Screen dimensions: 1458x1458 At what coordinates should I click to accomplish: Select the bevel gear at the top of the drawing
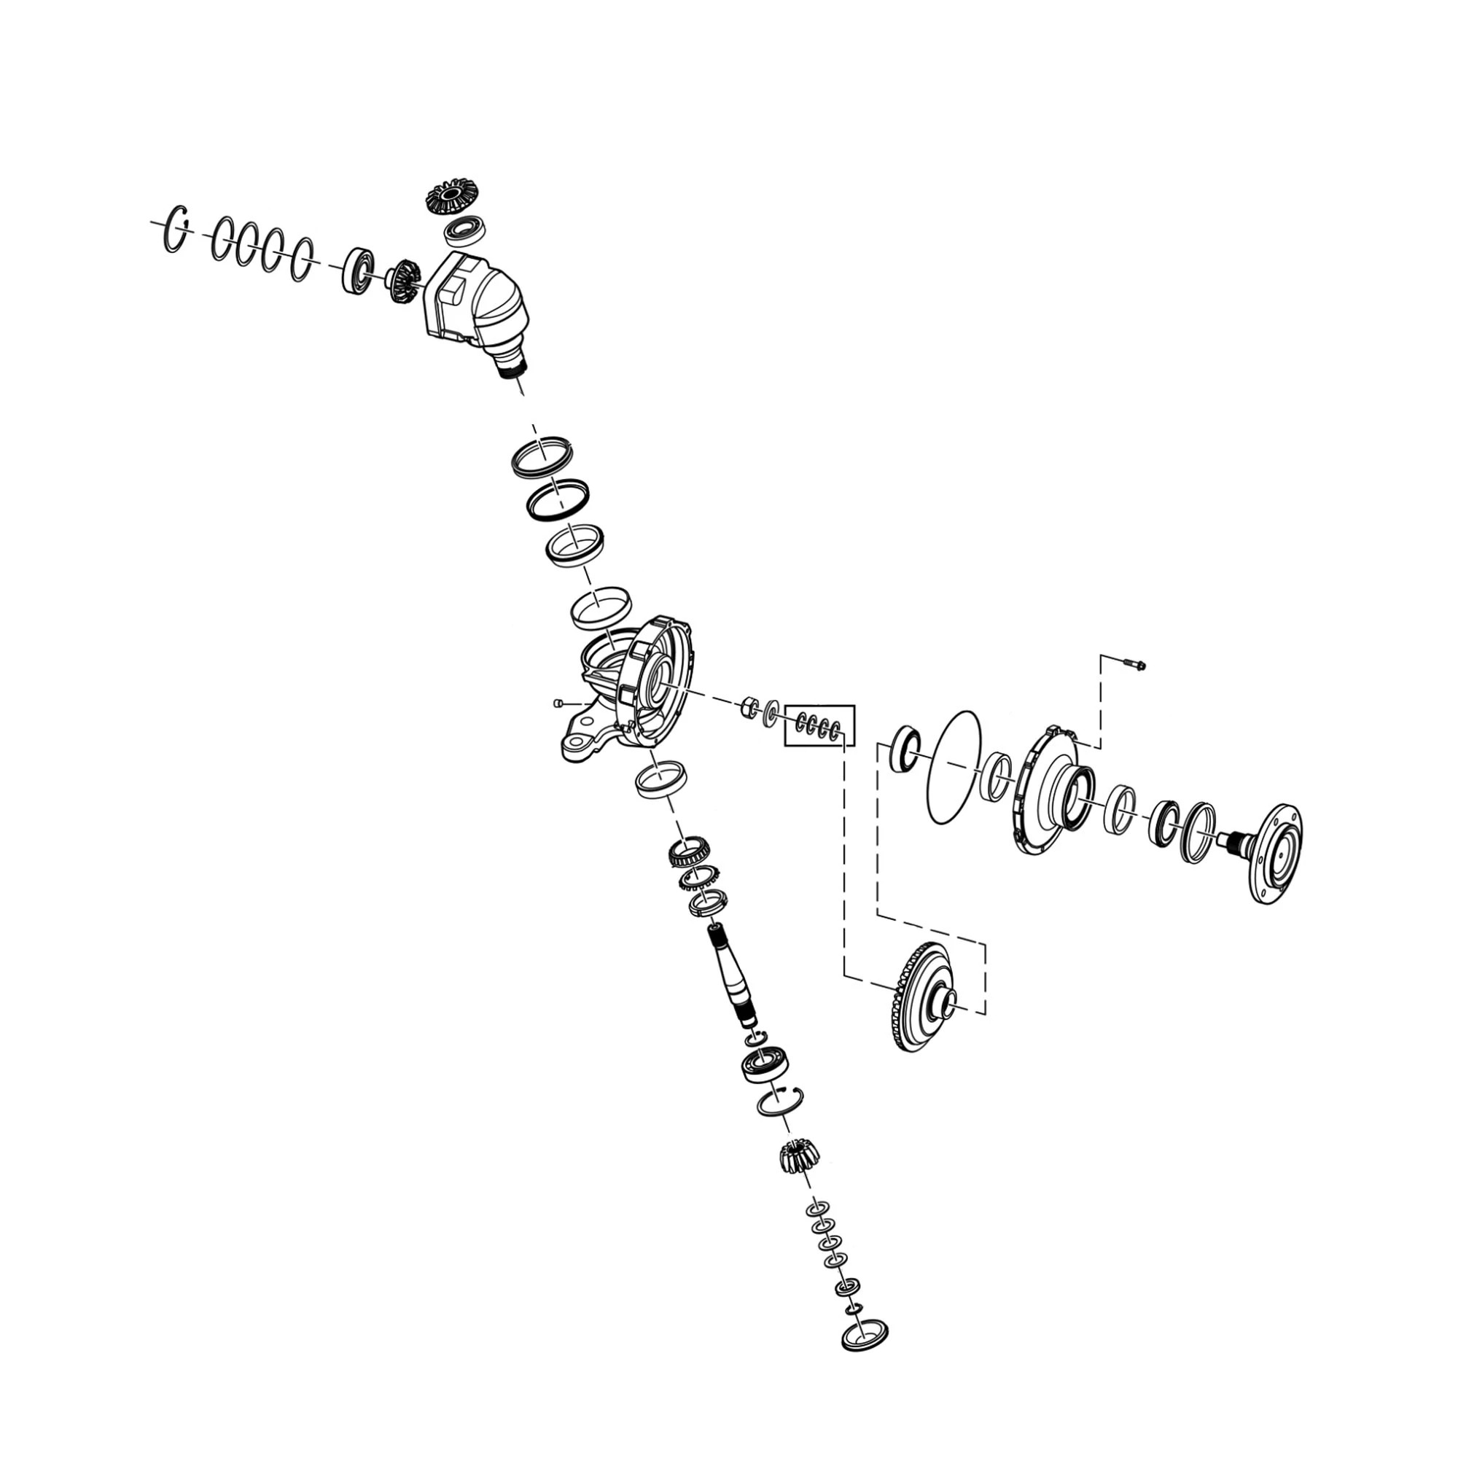coord(449,198)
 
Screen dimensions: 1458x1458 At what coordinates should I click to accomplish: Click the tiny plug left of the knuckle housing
coord(558,703)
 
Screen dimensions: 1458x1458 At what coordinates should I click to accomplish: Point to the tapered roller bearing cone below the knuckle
coord(688,853)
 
